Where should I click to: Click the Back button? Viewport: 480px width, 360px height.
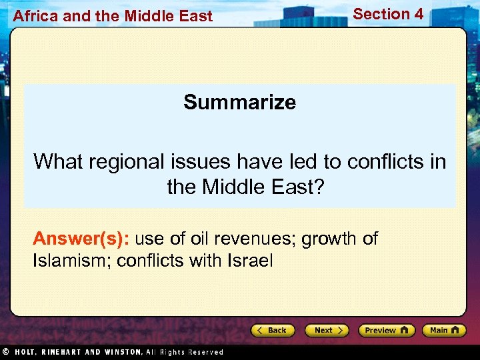tap(273, 330)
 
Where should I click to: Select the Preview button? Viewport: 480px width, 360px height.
tap(386, 330)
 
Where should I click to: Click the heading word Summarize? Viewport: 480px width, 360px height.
tap(240, 102)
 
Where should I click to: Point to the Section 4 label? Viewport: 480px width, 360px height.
tap(388, 14)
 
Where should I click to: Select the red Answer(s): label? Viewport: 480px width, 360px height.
tap(81, 239)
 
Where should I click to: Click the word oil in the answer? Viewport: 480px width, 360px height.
tap(201, 239)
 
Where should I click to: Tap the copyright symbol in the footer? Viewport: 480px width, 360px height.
tap(5, 351)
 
